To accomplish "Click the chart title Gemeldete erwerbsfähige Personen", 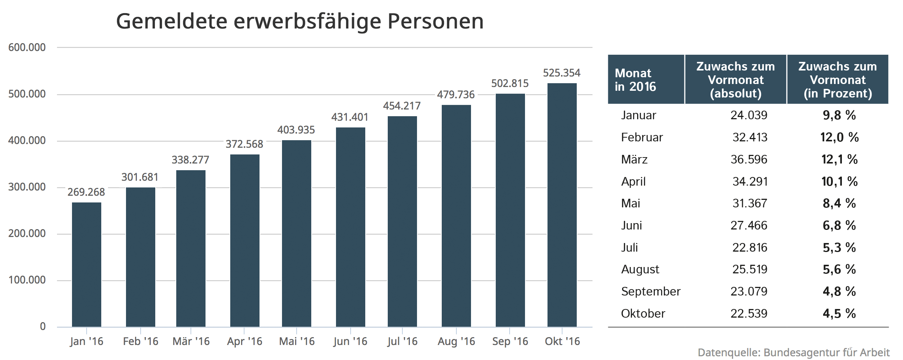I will coord(300,21).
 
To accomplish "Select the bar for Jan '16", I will coord(87,264).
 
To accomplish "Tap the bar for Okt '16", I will coord(562,205).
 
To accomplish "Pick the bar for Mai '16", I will coord(296,233).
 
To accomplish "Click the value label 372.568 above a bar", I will coord(244,144).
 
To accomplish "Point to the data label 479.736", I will coord(456,94).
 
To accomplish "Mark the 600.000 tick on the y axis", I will coord(27,48).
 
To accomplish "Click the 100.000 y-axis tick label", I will coord(27,280).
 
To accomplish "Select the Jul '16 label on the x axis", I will coord(402,341).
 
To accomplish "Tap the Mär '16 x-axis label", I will coord(191,341).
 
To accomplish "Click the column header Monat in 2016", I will coord(635,80).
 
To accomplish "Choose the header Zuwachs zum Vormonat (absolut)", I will coord(735,80).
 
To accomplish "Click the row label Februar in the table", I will coord(642,137).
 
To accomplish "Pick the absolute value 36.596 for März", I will coord(748,159).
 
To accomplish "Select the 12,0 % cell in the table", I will coord(839,137).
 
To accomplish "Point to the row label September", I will coord(650,291).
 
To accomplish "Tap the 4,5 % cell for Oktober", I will coord(839,313).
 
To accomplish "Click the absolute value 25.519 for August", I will coord(750,269).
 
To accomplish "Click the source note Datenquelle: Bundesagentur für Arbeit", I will coord(793,352).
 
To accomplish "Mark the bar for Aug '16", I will coord(456,216).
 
